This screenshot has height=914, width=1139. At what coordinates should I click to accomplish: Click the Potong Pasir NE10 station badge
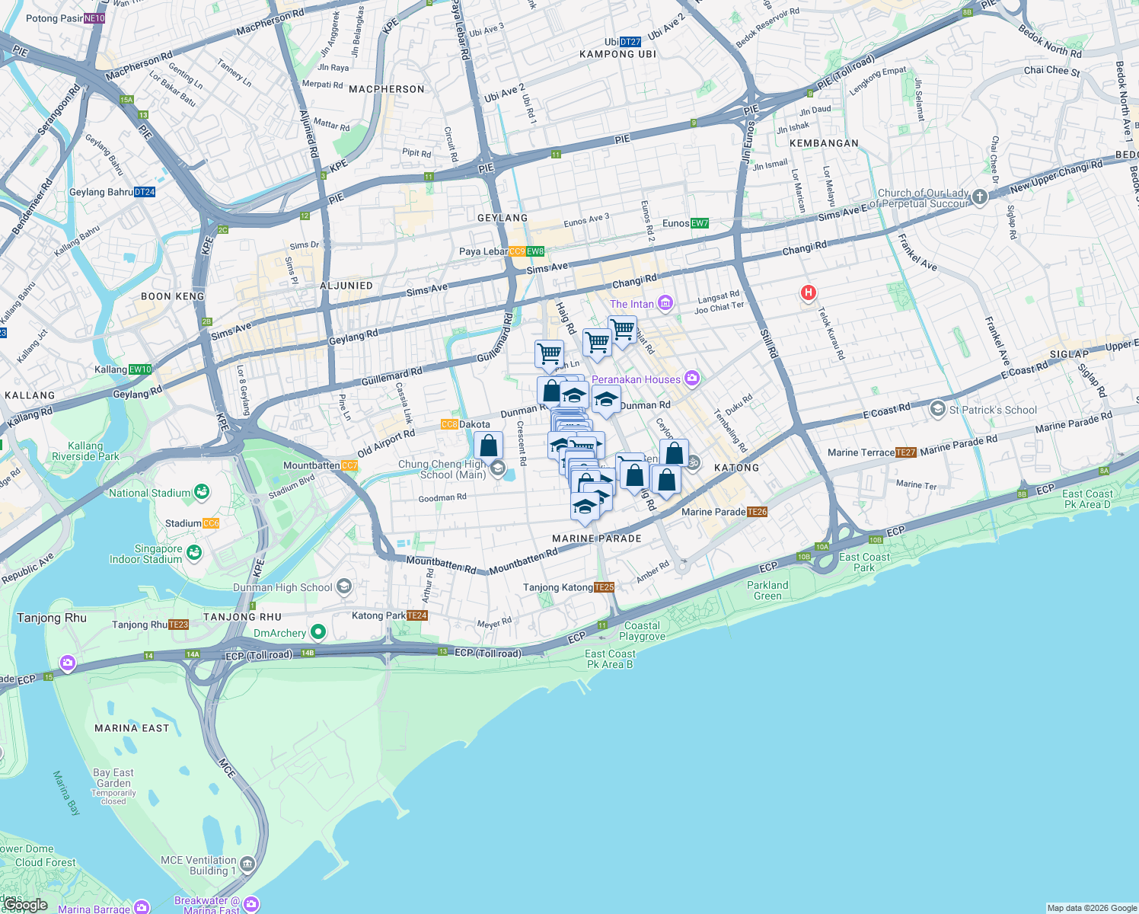(x=94, y=18)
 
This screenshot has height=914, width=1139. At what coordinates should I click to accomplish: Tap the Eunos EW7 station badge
(x=700, y=223)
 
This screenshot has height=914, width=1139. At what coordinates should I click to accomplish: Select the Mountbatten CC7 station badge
(x=349, y=465)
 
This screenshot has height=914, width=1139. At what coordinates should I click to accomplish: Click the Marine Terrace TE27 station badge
(x=906, y=452)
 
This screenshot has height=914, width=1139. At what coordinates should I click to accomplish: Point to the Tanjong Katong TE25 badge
(x=604, y=587)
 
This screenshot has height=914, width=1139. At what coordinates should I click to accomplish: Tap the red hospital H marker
(x=809, y=292)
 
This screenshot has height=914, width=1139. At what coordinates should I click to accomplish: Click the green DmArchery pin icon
(x=318, y=632)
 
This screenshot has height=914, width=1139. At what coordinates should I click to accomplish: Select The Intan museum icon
(x=665, y=304)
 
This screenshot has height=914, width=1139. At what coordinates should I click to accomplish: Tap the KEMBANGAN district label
(x=824, y=143)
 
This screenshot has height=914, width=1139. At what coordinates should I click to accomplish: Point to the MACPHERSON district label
(x=387, y=89)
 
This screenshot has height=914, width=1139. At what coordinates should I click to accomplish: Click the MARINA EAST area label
(x=132, y=728)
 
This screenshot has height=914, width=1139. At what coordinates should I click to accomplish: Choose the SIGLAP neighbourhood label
(x=1069, y=354)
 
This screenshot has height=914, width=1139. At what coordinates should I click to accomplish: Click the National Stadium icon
(x=202, y=492)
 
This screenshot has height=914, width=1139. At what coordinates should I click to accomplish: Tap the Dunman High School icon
(x=344, y=586)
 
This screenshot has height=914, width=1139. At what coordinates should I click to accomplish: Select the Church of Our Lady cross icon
(x=980, y=197)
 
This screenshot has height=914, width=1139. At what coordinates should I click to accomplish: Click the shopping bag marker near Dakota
(x=489, y=446)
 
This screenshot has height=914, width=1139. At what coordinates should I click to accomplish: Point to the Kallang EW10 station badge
(x=141, y=369)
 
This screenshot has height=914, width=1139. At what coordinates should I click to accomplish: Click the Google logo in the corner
(x=25, y=905)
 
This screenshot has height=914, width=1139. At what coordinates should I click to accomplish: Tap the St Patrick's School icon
(x=937, y=409)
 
